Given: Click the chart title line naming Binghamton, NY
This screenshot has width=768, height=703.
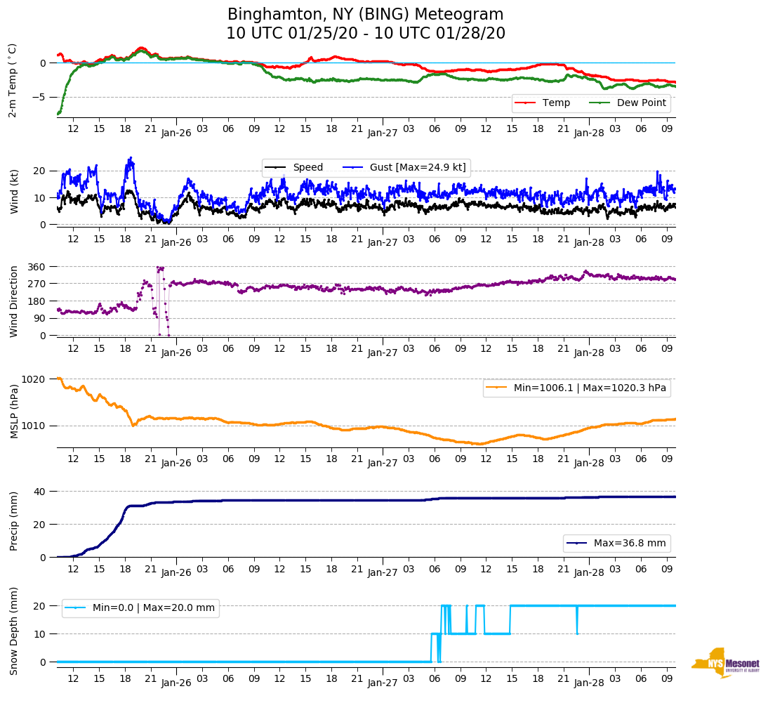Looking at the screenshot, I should [365, 15].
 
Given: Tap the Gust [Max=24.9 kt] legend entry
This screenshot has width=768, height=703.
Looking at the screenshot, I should [418, 167].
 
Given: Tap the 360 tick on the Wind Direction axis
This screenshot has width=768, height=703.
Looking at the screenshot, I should [38, 267].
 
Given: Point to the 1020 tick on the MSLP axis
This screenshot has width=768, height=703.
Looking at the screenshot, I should [35, 379].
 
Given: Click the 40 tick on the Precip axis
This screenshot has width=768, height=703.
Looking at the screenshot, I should [40, 492].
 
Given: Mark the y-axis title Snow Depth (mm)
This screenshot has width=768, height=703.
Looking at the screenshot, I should [15, 630].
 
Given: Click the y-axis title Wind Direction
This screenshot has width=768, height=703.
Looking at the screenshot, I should [15, 301].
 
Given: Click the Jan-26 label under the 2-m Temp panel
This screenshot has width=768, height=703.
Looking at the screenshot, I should [176, 133].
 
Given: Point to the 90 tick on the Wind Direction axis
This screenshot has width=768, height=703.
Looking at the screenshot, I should [41, 318].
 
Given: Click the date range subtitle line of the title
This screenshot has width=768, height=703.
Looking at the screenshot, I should [365, 34].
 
